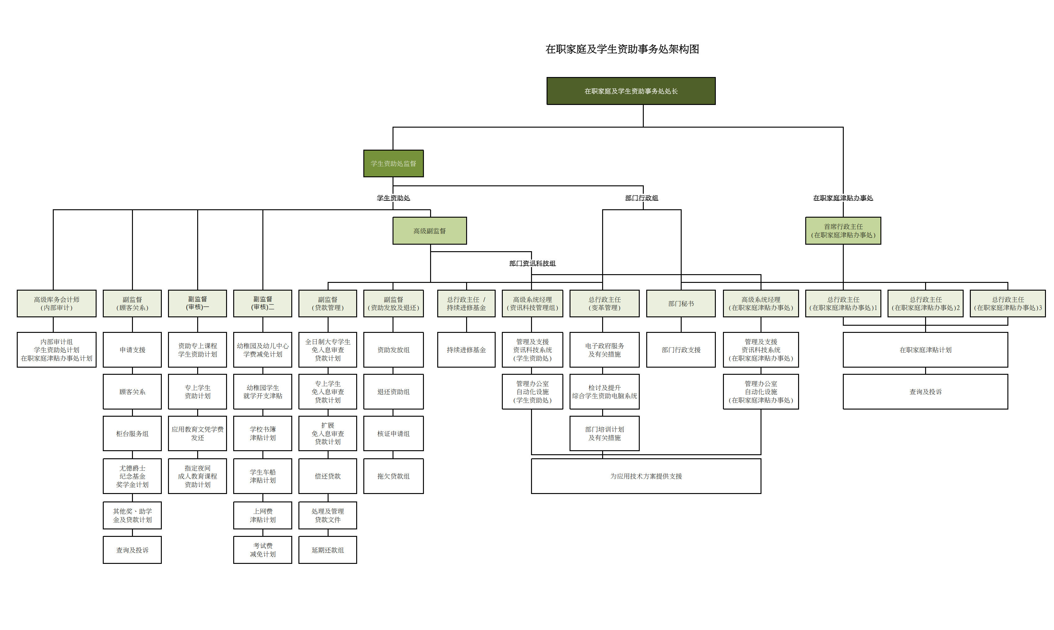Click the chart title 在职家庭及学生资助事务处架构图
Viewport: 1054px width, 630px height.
622,49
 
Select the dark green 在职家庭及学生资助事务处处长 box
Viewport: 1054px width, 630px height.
631,91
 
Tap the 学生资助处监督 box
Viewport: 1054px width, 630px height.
393,163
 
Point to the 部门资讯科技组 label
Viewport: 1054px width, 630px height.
532,263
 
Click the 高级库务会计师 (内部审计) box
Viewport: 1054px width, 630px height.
57,304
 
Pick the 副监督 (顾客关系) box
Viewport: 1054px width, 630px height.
132,304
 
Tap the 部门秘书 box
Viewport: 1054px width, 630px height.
681,304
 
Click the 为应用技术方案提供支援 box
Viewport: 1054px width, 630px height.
646,476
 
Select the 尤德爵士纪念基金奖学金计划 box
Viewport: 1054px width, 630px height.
132,476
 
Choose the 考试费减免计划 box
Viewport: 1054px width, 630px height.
262,550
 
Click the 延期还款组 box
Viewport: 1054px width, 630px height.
327,550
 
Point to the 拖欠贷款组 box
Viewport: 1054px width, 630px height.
393,476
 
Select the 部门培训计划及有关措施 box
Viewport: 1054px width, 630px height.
604,433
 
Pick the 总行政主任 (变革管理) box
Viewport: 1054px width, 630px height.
604,304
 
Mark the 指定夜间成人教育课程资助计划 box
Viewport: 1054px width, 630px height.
198,476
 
